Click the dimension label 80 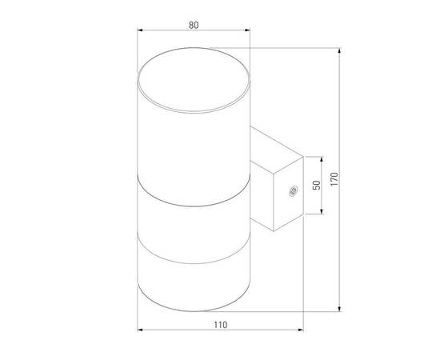(193, 25)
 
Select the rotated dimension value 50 (316, 185)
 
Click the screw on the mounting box (292, 190)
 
